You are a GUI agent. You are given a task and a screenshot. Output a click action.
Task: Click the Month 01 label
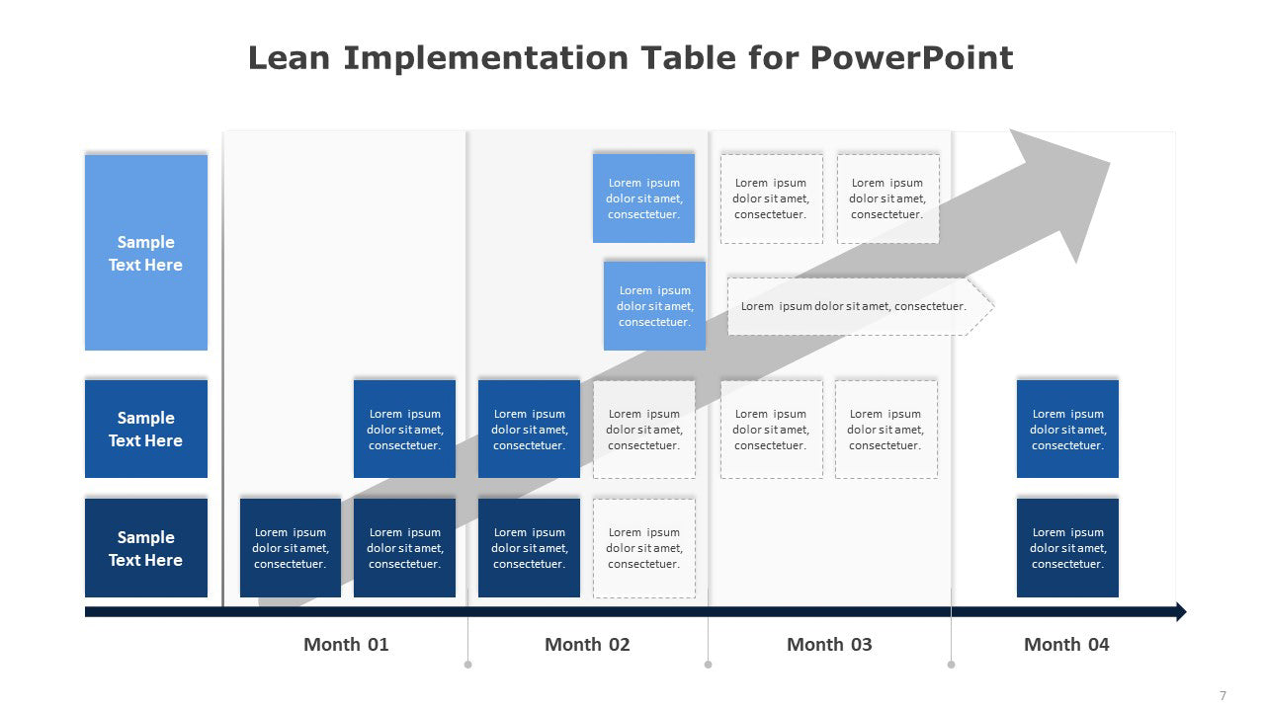tap(346, 644)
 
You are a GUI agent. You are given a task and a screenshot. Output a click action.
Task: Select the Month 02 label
tap(587, 644)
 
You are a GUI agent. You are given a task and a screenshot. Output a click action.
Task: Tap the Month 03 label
tap(829, 644)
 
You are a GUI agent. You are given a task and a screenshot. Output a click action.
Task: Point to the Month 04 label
tap(1066, 644)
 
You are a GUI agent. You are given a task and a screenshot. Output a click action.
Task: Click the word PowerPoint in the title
tap(911, 58)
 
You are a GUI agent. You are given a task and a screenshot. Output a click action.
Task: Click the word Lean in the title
tap(289, 58)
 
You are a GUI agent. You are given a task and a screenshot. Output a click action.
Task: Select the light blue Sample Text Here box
tap(146, 252)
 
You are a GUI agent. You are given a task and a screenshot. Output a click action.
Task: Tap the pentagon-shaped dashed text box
tap(860, 306)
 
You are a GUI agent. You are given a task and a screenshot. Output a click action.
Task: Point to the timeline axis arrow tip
tap(1186, 611)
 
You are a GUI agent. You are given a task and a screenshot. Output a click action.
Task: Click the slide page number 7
tap(1223, 695)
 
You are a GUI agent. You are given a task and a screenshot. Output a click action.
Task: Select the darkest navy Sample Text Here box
tap(146, 547)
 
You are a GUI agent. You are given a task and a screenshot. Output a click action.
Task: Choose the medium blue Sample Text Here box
tap(146, 429)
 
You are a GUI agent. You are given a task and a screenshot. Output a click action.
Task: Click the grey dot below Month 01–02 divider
tap(467, 665)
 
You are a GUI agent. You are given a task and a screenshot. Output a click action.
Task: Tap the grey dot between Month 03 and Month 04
tap(951, 665)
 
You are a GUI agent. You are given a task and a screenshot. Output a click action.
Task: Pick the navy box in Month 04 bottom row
tap(1067, 547)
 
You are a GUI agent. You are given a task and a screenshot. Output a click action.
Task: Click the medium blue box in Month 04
tap(1067, 429)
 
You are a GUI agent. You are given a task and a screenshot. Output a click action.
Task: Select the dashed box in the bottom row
tap(643, 548)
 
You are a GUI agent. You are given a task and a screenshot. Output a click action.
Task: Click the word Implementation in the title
tap(485, 58)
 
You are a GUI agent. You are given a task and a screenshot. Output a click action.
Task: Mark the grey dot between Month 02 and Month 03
tap(709, 665)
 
